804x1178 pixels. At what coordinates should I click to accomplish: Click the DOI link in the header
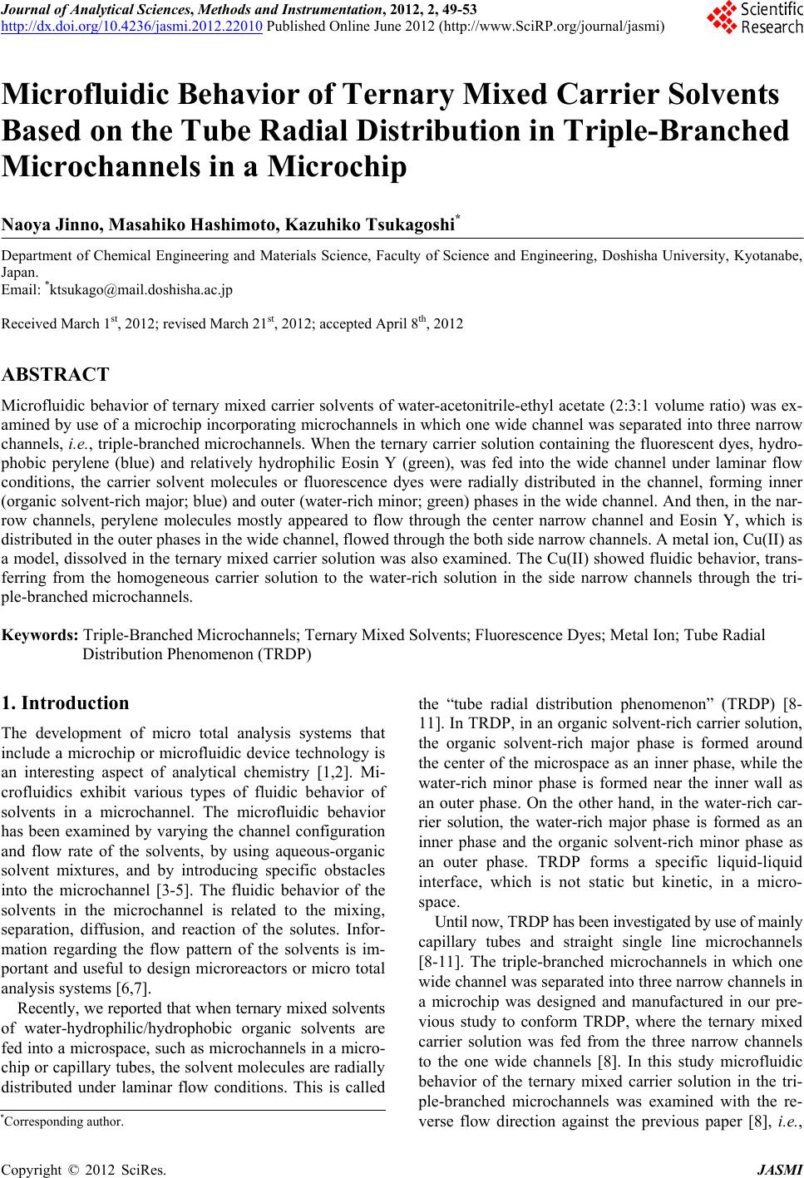(x=133, y=26)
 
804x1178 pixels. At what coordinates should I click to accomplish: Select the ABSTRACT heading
(x=56, y=375)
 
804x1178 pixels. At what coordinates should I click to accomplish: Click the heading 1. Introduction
(x=67, y=702)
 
